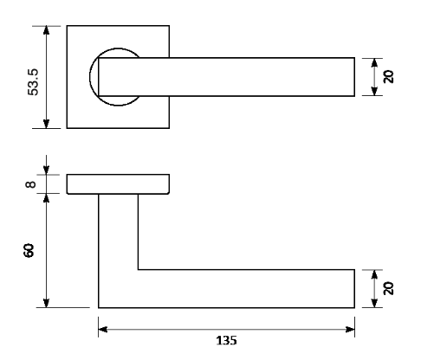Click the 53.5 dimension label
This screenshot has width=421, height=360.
[x=33, y=82]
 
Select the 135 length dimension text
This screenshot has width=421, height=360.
[x=227, y=340]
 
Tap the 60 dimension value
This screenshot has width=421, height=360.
[x=29, y=250]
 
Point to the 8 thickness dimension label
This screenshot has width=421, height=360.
[x=30, y=184]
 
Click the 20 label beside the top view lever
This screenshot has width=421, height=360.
[x=388, y=76]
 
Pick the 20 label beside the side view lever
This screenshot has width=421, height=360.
[x=388, y=288]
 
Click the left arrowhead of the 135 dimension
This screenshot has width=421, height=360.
[x=103, y=329]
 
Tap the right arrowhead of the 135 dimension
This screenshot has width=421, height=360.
[x=350, y=329]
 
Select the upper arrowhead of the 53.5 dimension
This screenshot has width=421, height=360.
[x=46, y=30]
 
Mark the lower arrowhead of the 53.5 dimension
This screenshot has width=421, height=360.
[x=46, y=124]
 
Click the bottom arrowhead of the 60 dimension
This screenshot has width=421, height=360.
[x=46, y=303]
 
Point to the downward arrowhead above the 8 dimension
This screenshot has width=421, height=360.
[x=46, y=170]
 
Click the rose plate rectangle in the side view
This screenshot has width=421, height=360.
[x=118, y=184]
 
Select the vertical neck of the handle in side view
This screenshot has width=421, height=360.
[x=118, y=232]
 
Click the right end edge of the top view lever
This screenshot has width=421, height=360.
[x=354, y=77]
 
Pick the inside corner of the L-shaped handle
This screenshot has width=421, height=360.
[x=138, y=270]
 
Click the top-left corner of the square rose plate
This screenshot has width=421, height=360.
[x=67, y=26]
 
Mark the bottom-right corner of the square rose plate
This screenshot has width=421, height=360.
[x=169, y=128]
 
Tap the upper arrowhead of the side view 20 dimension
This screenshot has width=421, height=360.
[x=374, y=274]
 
